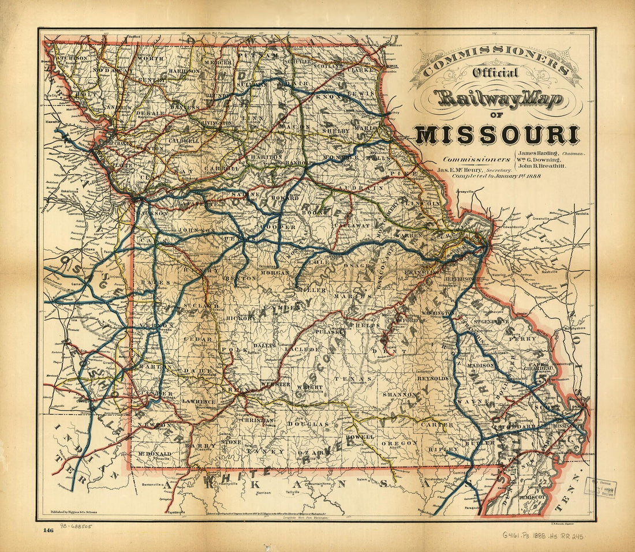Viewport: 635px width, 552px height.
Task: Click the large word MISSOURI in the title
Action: coord(497,135)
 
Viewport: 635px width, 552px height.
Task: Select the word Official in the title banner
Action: coord(495,73)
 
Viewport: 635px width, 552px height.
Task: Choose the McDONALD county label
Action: coord(155,454)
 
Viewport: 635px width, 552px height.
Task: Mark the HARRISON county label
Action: coord(184,71)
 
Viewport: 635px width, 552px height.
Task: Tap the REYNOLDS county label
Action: coord(433,378)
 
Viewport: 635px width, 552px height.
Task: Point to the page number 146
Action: coord(48,531)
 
